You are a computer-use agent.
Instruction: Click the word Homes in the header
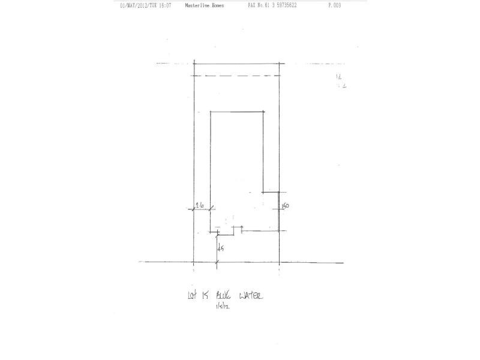click(x=218, y=5)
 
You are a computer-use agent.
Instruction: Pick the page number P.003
click(x=335, y=5)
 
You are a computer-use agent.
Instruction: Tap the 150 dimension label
click(x=286, y=206)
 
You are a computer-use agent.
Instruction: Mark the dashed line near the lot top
click(x=236, y=76)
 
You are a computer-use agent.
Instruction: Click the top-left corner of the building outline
click(x=210, y=112)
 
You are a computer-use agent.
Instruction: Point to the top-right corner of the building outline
click(x=265, y=112)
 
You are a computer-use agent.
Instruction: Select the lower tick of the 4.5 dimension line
click(x=217, y=262)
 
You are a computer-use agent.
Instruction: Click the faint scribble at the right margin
click(x=339, y=81)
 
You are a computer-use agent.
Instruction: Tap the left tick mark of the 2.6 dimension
click(x=194, y=208)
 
